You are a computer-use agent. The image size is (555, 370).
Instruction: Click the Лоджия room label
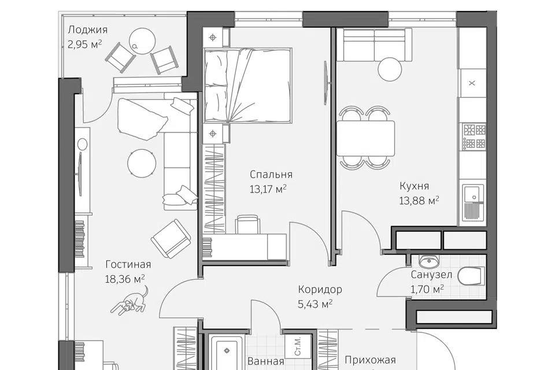click(87, 29)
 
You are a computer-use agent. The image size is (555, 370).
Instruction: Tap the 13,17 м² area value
click(268, 189)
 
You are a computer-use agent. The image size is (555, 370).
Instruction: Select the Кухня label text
click(414, 186)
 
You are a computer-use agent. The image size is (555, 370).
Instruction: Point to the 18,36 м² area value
click(125, 279)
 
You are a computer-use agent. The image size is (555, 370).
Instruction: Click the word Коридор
click(320, 290)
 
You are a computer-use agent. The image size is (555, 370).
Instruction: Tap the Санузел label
click(431, 275)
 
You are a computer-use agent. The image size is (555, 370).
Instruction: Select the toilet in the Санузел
click(471, 276)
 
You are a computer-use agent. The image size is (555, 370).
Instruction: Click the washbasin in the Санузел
click(429, 261)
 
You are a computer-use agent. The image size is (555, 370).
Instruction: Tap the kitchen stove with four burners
click(475, 136)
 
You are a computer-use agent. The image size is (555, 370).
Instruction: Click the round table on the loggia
click(142, 41)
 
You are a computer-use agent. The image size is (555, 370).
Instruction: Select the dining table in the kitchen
click(365, 138)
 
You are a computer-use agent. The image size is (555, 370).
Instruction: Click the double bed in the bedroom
click(248, 86)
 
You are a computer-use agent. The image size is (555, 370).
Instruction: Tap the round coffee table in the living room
click(142, 162)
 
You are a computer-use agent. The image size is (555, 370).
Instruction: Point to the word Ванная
click(266, 361)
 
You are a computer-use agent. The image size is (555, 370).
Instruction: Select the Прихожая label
click(370, 360)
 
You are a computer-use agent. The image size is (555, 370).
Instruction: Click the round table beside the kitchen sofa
click(390, 69)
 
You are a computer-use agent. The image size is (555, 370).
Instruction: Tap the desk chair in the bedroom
click(247, 224)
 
